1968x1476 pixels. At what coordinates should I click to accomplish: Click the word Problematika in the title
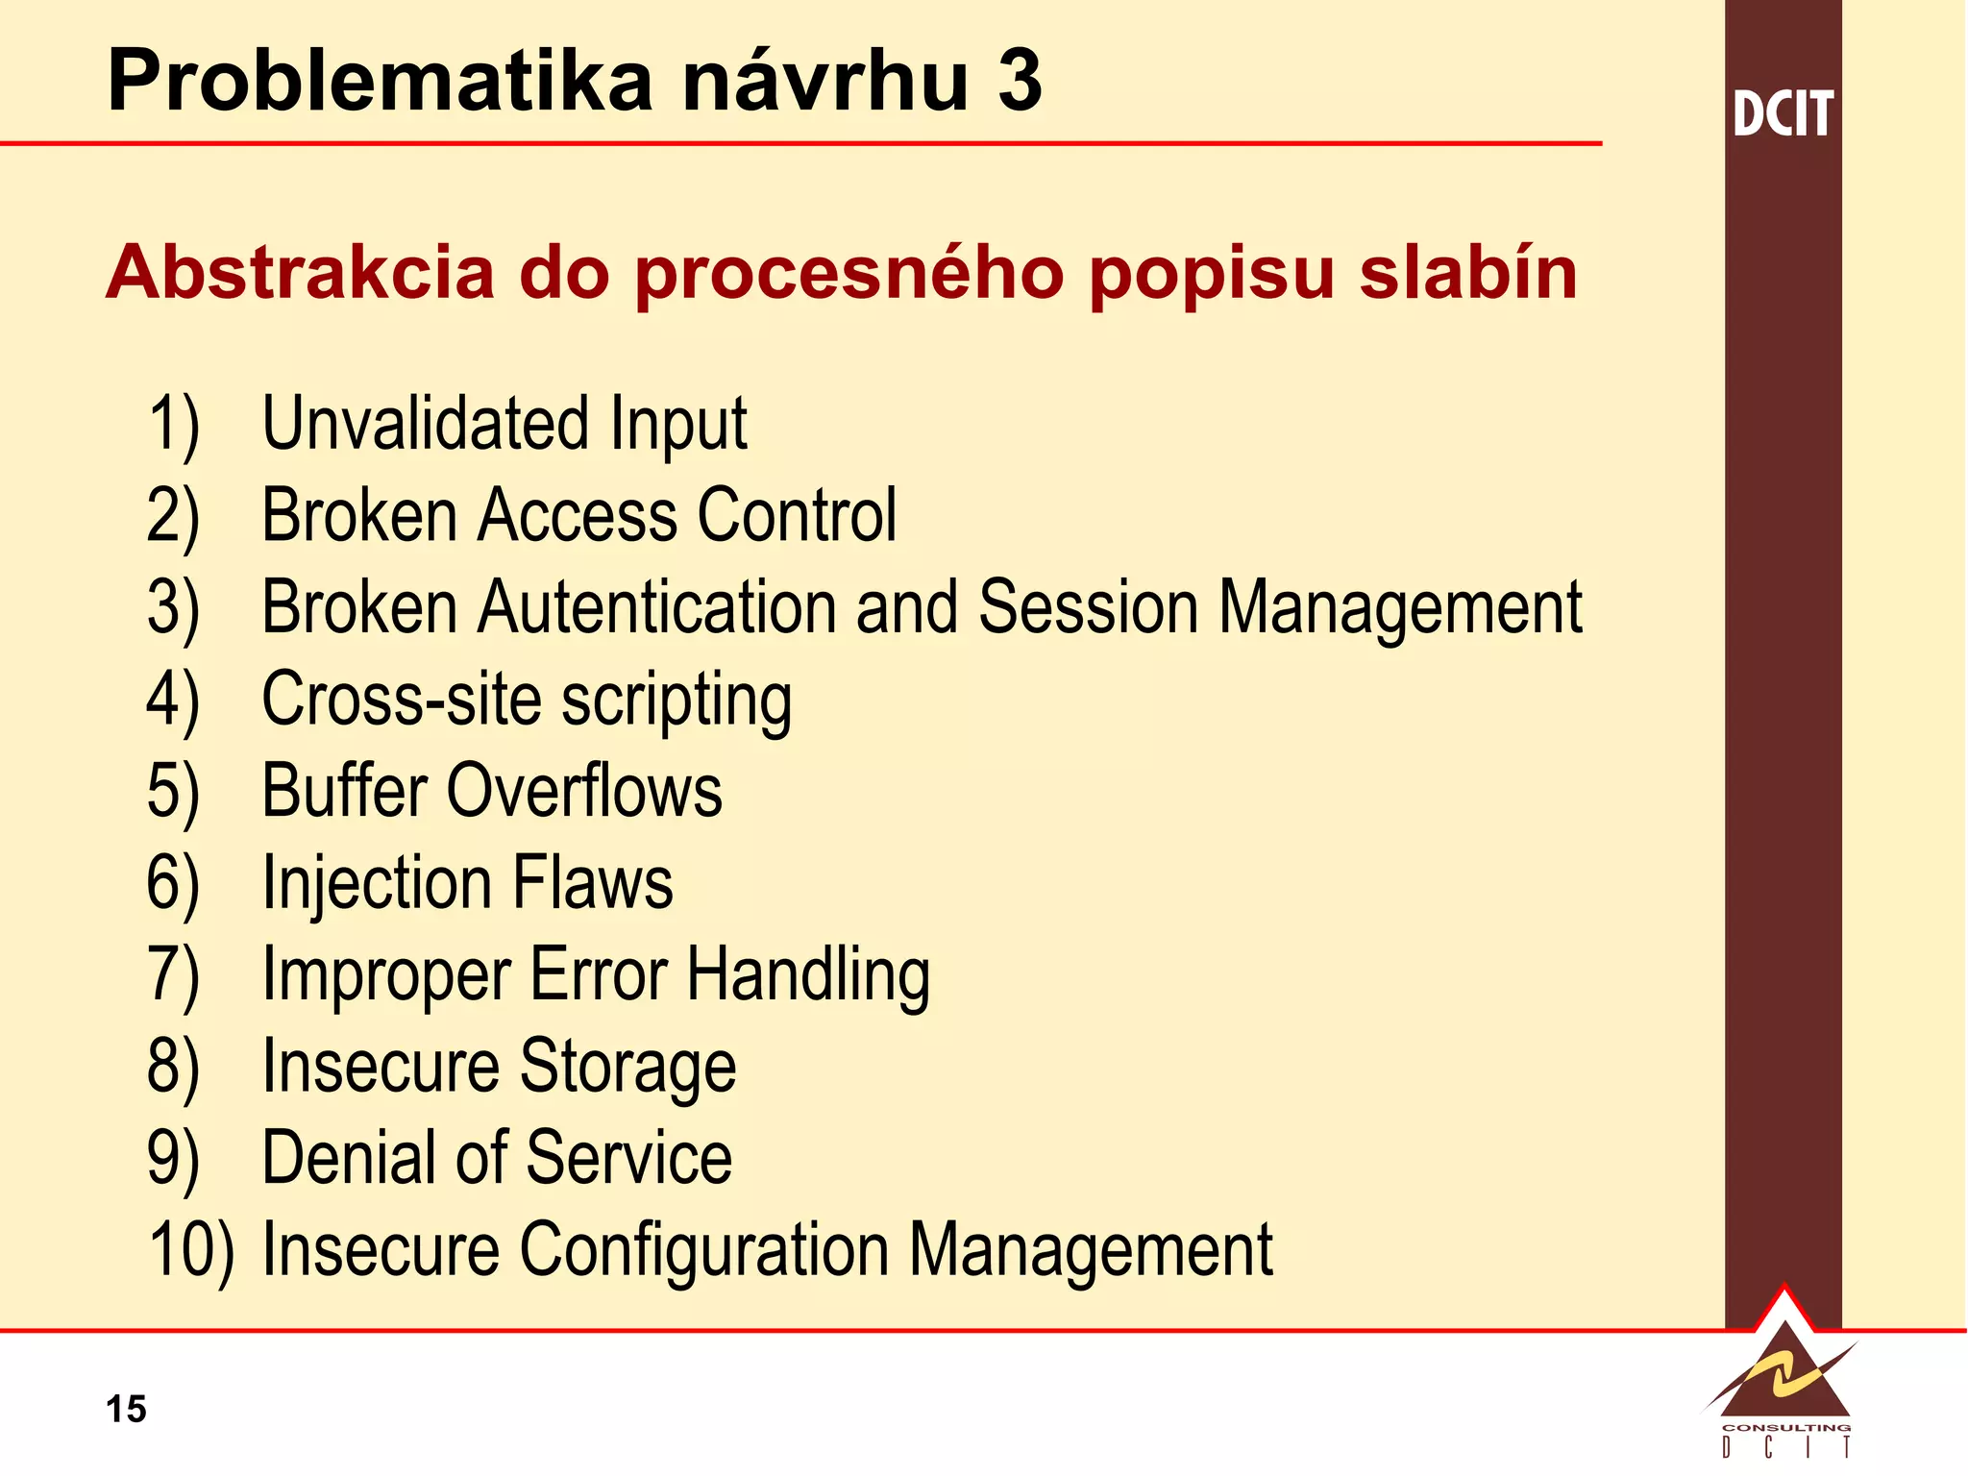pos(381,81)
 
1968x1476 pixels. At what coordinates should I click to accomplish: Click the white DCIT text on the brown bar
pos(1783,113)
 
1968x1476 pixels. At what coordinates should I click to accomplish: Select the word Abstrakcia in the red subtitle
pos(299,273)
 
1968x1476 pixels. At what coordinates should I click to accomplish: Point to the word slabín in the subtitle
pos(1467,273)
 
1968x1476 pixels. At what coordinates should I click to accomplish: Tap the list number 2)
pos(173,517)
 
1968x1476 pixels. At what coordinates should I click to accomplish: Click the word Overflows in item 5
pos(584,791)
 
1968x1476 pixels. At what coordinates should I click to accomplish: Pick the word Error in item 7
pos(598,974)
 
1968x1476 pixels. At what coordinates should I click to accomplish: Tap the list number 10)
pos(191,1250)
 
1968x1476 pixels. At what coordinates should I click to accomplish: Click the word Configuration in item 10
pos(704,1250)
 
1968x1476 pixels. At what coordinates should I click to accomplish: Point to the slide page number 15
pos(126,1409)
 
